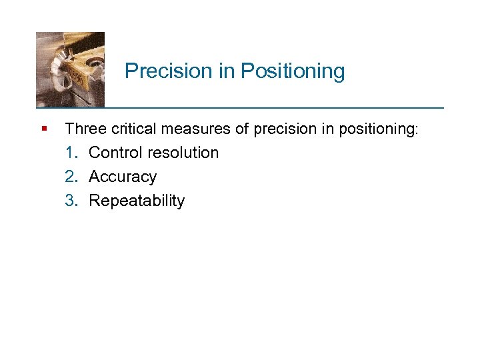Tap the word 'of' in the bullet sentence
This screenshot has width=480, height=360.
click(233, 128)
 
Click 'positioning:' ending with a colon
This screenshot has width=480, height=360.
click(379, 128)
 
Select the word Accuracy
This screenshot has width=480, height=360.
click(123, 177)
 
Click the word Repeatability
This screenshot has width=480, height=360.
click(137, 201)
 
